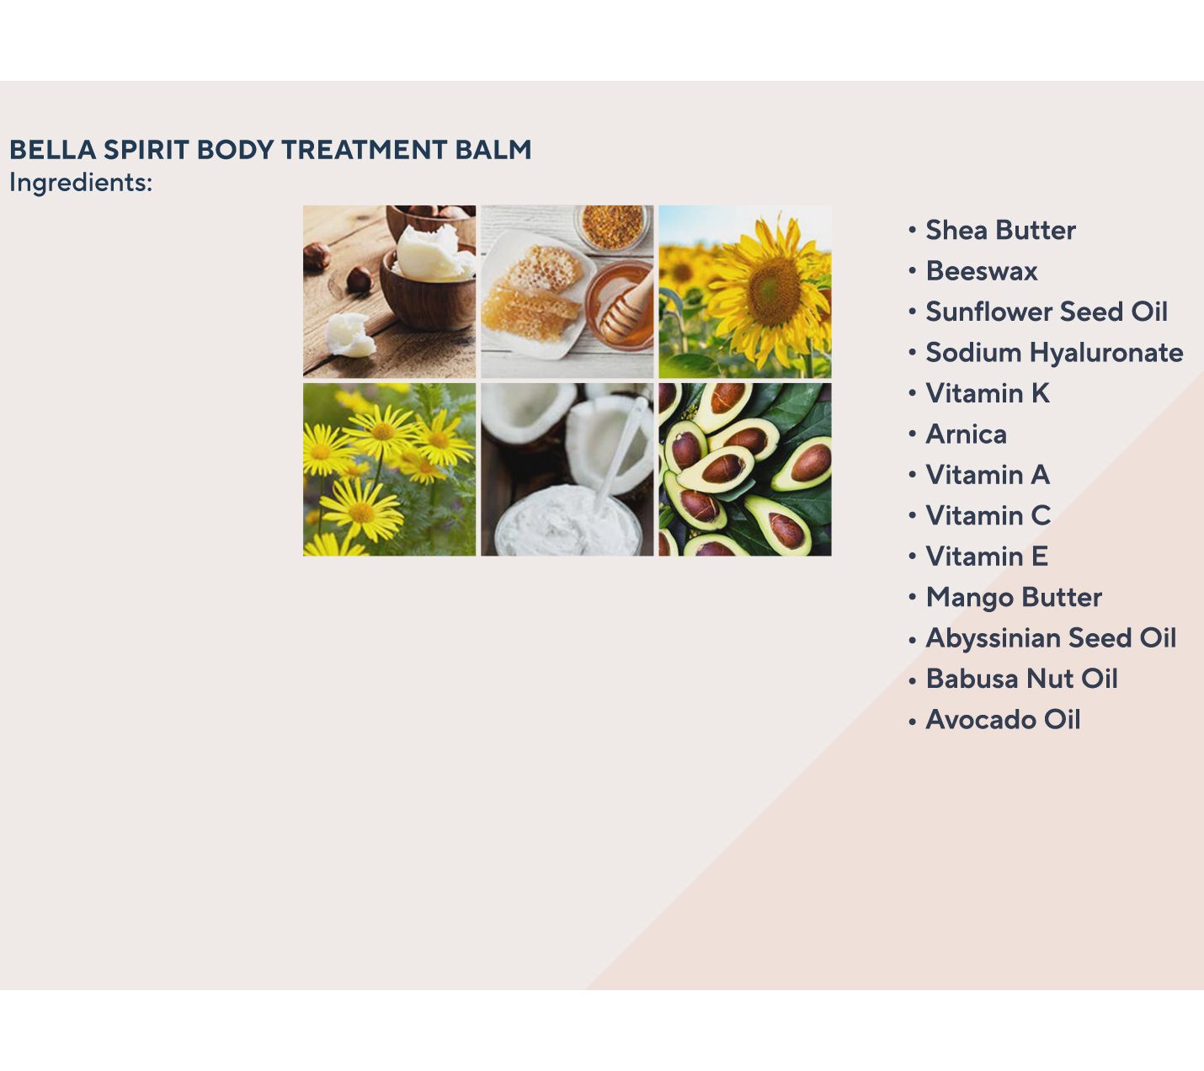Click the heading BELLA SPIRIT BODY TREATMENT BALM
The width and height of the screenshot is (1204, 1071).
tap(270, 150)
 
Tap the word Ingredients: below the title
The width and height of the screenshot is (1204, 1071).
tap(81, 183)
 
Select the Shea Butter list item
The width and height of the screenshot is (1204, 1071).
tap(1000, 230)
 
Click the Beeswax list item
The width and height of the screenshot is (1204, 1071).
tap(981, 271)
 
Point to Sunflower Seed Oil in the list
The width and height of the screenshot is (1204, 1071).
tap(1047, 312)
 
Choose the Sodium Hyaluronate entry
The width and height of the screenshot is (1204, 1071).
tap(1054, 353)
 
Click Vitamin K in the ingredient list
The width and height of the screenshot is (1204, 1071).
tap(988, 393)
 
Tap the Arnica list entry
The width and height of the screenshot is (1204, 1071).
tap(967, 434)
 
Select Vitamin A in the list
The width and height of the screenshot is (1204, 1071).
tap(988, 475)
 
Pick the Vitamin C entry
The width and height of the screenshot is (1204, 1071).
tap(988, 516)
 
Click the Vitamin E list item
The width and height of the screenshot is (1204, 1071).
tap(987, 557)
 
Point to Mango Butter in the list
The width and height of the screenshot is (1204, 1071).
tap(1014, 597)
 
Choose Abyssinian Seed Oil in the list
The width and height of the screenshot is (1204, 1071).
tap(1051, 638)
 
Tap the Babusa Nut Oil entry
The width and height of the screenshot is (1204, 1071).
tap(1021, 679)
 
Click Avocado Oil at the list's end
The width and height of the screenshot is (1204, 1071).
tap(1003, 720)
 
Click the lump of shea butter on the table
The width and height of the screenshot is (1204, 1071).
tap(350, 334)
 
